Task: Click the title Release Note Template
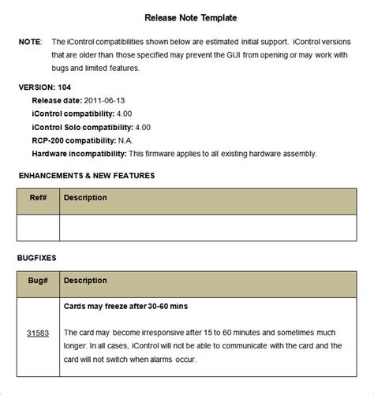[x=190, y=17]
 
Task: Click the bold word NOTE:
[x=30, y=41]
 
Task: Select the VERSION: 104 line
[x=48, y=88]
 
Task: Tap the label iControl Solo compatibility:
[x=82, y=128]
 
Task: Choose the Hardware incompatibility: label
[x=79, y=154]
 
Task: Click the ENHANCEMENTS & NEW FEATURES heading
[x=86, y=176]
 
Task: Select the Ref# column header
[x=39, y=198]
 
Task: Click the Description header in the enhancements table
[x=85, y=198]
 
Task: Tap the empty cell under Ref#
[x=39, y=227]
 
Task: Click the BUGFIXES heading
[x=36, y=258]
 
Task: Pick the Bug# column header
[x=39, y=280]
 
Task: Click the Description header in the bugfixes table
[x=85, y=280]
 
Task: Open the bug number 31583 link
[x=38, y=334]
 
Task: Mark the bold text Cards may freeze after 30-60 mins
[x=125, y=306]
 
